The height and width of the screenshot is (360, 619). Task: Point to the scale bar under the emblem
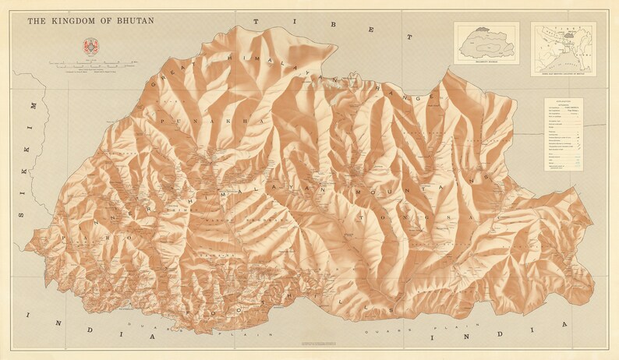coord(90,64)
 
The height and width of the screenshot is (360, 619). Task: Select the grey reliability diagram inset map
coord(486,42)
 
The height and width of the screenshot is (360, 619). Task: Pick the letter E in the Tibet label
coord(374,32)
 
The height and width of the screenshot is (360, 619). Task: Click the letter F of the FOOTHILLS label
coord(192,310)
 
